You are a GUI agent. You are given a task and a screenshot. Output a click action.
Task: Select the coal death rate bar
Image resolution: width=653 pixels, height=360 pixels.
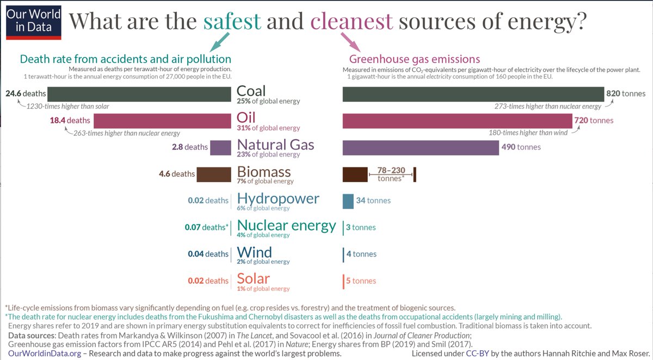pos(140,94)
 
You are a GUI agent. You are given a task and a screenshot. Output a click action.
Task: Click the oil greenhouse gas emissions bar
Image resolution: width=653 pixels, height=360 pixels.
pos(457,120)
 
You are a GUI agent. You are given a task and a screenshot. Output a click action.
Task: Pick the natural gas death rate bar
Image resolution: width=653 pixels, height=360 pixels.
pos(220,147)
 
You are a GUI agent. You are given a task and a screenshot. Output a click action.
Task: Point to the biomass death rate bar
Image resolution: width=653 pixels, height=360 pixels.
pos(214,174)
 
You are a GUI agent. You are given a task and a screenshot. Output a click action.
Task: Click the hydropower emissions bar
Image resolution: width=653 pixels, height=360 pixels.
pos(348,201)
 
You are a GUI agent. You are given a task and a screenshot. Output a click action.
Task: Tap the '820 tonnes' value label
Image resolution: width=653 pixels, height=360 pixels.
pos(626,94)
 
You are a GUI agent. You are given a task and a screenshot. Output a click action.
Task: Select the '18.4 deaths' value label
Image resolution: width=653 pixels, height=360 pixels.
pos(70,120)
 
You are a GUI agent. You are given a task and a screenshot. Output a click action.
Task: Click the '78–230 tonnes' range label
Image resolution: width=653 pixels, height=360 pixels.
pos(391,174)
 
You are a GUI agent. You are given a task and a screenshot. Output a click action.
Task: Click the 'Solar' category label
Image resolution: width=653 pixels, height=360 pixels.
pos(254,278)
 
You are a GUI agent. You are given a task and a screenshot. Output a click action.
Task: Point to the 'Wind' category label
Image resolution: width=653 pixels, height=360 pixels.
pos(254,252)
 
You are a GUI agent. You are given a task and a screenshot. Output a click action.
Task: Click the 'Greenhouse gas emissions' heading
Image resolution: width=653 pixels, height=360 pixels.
pos(414,59)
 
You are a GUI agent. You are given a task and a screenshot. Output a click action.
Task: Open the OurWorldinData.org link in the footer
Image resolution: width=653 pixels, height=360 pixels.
pos(45,353)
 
